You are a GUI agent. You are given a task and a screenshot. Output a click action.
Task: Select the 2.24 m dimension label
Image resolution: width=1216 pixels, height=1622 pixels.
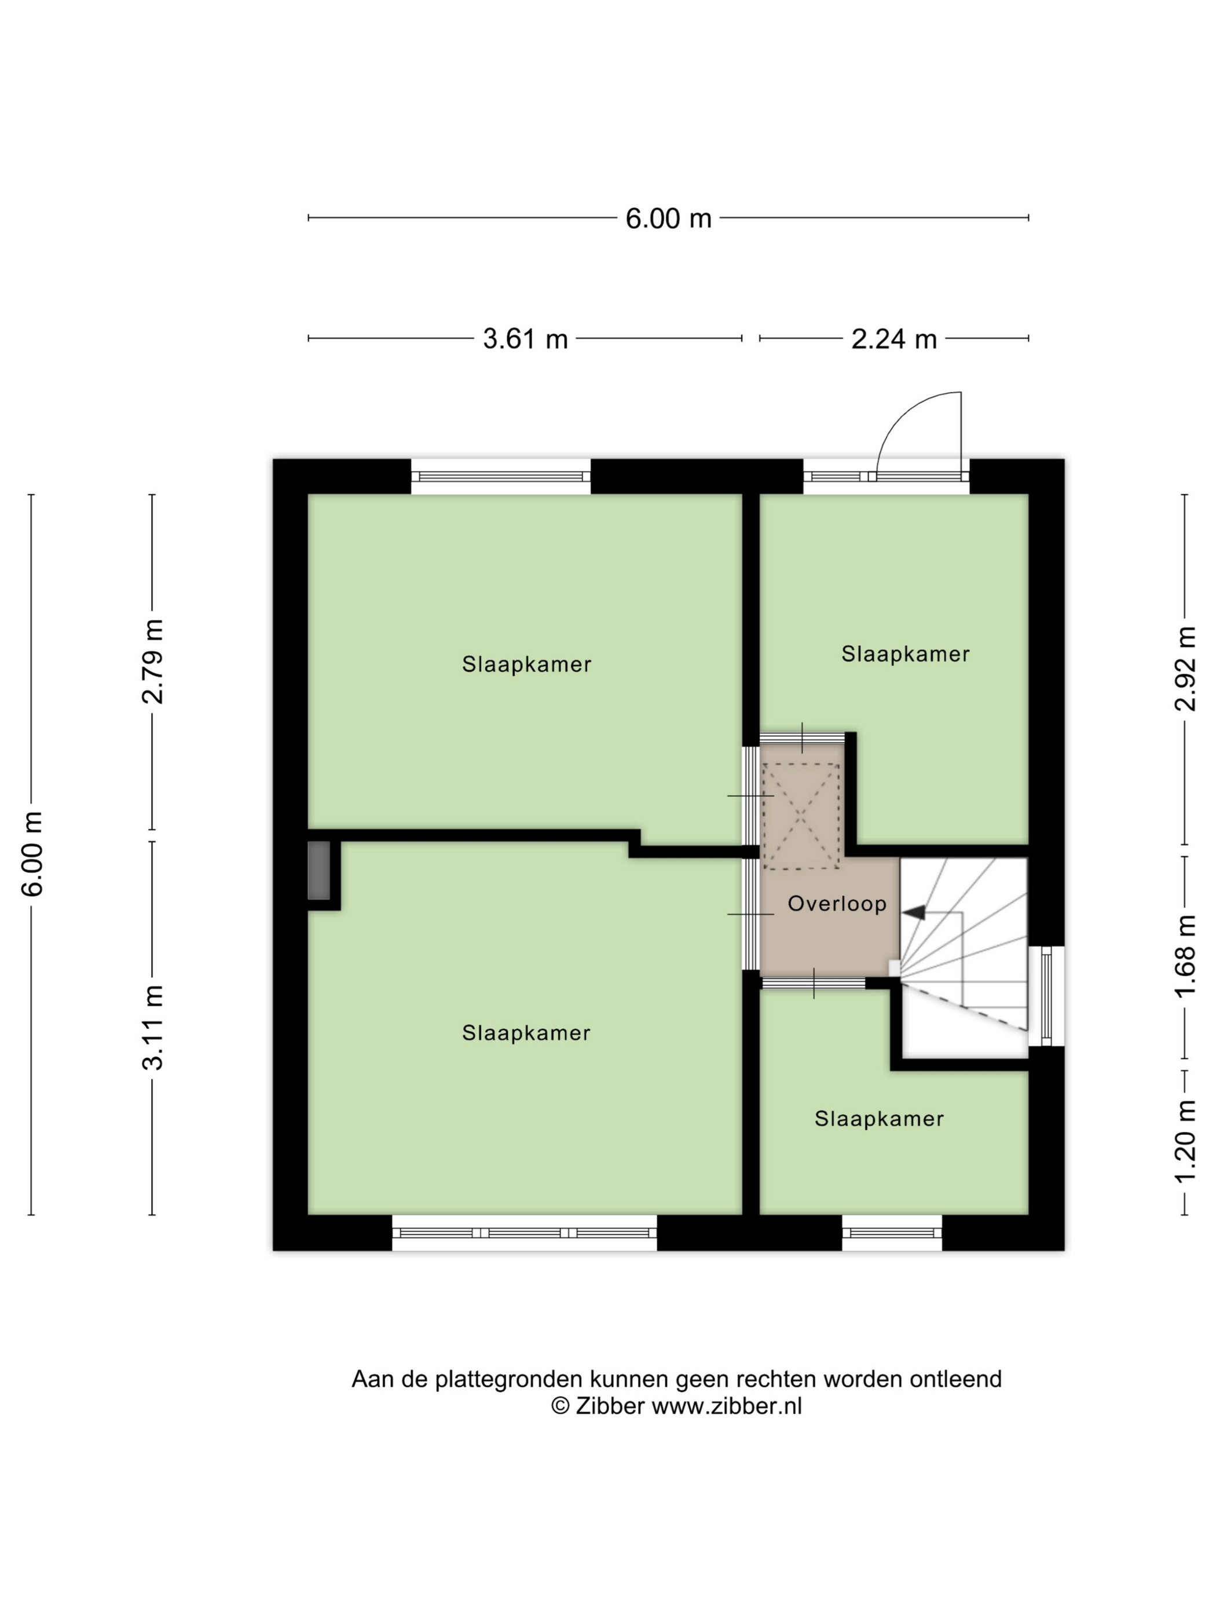point(893,339)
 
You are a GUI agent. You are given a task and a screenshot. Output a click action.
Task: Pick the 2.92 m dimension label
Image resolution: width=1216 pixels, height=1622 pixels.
point(1185,668)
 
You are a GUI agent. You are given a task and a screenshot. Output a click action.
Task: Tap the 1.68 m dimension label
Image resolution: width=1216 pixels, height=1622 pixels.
point(1185,956)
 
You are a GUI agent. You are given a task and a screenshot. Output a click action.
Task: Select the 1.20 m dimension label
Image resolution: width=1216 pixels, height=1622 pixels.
point(1185,1141)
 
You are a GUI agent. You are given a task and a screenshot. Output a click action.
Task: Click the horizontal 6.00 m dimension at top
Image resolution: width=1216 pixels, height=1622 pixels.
point(668,218)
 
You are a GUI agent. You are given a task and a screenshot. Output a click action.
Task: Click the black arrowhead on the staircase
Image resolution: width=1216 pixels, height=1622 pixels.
point(914,913)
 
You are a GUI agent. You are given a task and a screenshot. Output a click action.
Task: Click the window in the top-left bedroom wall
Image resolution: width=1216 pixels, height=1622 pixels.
point(501,477)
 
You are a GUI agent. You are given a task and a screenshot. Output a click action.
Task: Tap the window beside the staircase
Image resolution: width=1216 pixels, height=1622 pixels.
point(1046,996)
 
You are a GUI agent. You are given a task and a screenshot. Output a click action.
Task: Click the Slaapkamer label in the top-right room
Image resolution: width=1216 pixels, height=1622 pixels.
point(905,653)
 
